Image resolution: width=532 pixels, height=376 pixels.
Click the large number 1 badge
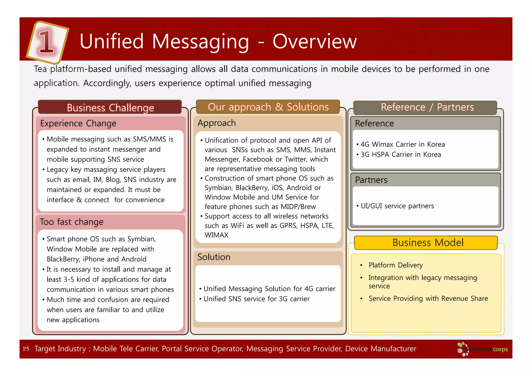[x=47, y=42]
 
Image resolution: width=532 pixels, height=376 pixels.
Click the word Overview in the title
[x=314, y=42]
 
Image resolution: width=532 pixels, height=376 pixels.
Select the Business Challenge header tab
[x=110, y=108]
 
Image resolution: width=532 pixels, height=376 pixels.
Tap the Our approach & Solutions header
[x=268, y=107]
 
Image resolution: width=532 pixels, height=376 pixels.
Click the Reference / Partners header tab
[x=427, y=107]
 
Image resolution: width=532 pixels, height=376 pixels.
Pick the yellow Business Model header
[x=428, y=243]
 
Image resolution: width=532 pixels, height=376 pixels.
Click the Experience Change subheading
[x=78, y=123]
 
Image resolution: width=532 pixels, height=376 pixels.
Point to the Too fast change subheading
[x=72, y=222]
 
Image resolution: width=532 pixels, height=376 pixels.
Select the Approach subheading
[x=217, y=123]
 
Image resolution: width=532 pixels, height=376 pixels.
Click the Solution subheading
[x=214, y=257]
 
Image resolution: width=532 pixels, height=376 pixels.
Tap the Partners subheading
[x=371, y=180]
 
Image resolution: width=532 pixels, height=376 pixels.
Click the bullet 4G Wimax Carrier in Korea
[x=402, y=144]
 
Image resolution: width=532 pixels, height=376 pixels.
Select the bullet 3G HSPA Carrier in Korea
[x=401, y=155]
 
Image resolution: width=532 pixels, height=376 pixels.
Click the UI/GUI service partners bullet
[x=397, y=206]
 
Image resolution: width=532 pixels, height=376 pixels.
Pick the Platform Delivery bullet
[x=395, y=265]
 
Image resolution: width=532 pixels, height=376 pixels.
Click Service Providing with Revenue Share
[x=428, y=299]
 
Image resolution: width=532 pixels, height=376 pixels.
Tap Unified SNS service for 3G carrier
[x=256, y=299]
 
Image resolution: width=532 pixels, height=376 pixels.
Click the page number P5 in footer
[x=26, y=349]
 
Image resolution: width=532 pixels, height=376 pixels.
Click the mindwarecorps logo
[x=483, y=349]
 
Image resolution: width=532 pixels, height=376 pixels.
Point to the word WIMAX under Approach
[x=216, y=235]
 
